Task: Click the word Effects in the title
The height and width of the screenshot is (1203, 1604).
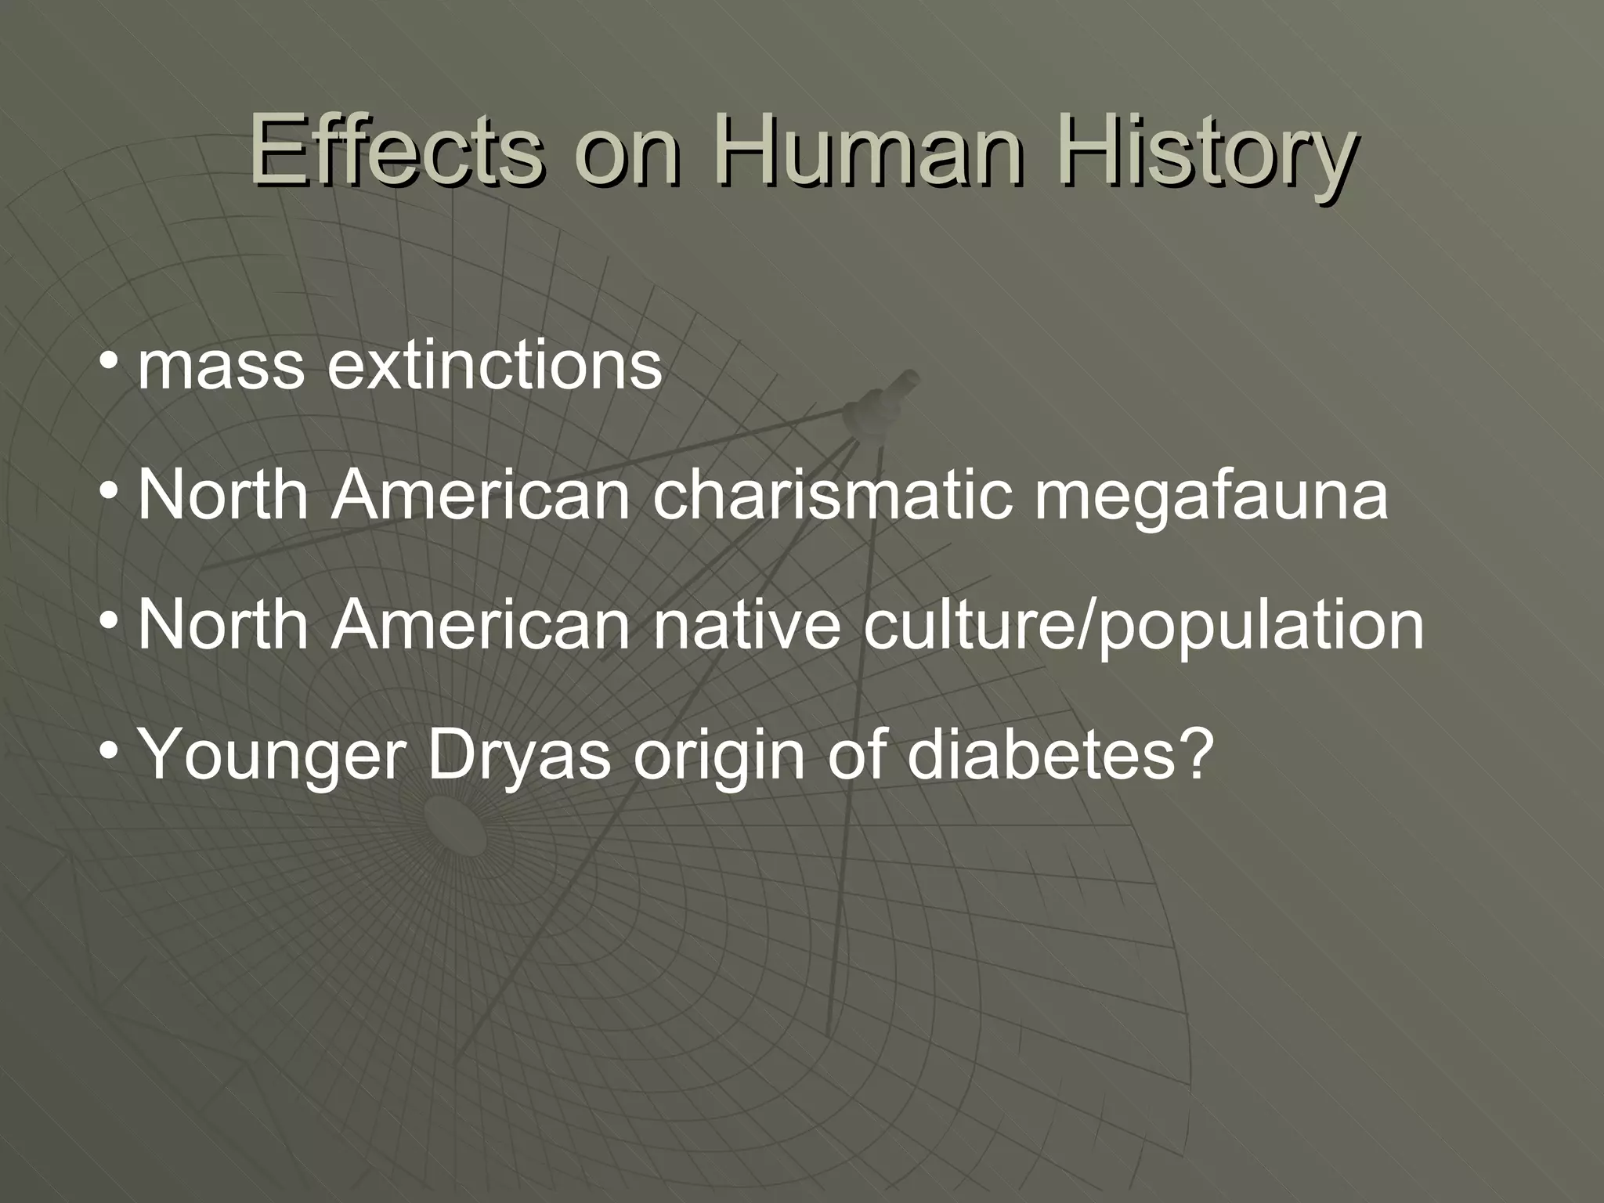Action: (x=396, y=149)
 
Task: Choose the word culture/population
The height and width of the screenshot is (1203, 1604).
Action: (x=1143, y=627)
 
